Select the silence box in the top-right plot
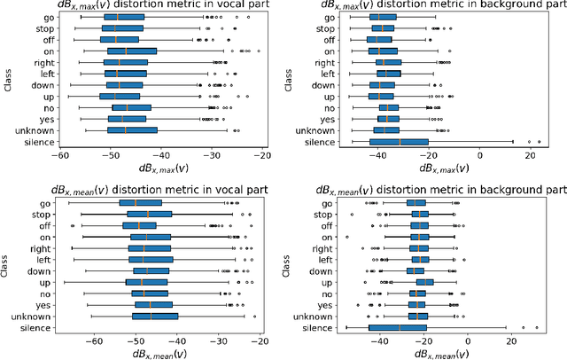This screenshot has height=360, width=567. coord(399,141)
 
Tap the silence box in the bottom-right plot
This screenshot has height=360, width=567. coord(398,327)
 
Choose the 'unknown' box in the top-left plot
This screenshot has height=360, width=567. coord(132,129)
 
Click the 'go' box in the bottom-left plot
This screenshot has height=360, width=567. coord(140,203)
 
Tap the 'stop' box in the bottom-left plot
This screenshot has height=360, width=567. coord(149,214)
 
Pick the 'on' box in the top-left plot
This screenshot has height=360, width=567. coord(132,51)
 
